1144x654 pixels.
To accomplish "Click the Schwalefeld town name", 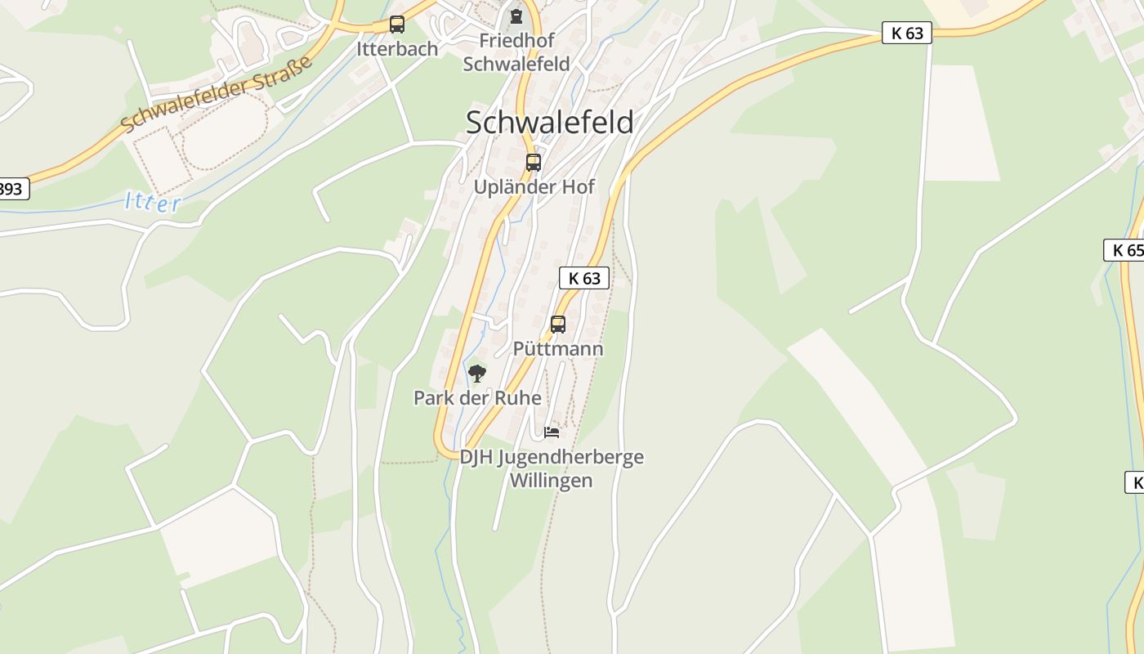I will pos(549,123).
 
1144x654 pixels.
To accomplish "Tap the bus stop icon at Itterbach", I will pos(397,25).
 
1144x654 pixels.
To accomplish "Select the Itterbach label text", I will pos(397,49).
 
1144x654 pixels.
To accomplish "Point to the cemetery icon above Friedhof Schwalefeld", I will pos(516,16).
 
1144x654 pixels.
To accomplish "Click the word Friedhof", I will pos(516,41).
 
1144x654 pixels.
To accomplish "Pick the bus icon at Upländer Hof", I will pos(534,163).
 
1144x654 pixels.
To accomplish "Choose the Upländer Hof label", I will pos(534,187).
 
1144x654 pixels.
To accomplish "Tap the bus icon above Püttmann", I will pos(558,325).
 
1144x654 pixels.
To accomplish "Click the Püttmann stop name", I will pos(558,349).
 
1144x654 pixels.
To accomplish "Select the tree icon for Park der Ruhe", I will pos(477,374).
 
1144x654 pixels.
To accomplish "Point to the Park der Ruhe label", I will pos(477,398).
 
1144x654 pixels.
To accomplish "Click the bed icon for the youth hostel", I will pos(552,432).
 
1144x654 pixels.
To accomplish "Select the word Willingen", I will pos(551,481).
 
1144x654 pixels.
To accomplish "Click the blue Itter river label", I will pos(153,202).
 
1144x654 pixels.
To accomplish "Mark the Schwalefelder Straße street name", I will pos(217,94).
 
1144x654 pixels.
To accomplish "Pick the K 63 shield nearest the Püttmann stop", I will pos(584,278).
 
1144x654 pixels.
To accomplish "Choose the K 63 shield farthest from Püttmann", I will pos(907,33).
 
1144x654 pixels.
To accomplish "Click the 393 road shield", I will pos(11,189).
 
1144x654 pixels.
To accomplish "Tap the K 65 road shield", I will pos(1125,250).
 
